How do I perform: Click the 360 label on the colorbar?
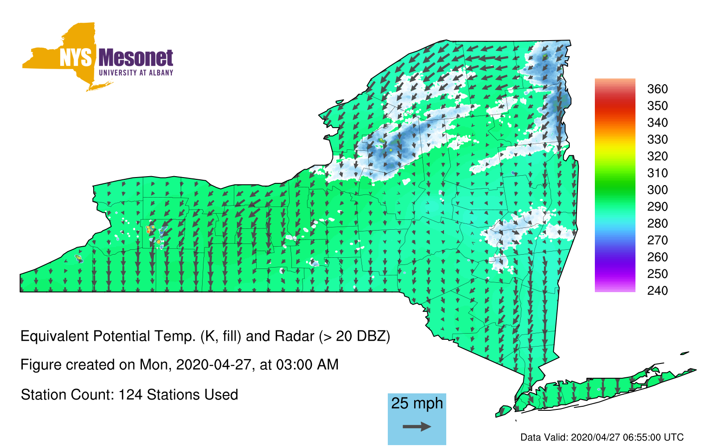657,89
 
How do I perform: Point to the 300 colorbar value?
657,190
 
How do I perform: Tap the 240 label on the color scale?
657,290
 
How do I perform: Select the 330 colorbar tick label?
657,139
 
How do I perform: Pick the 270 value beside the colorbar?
657,240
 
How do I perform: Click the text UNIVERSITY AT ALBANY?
136,73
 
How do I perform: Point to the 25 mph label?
417,404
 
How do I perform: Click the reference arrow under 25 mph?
417,426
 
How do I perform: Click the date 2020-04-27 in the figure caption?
214,365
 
